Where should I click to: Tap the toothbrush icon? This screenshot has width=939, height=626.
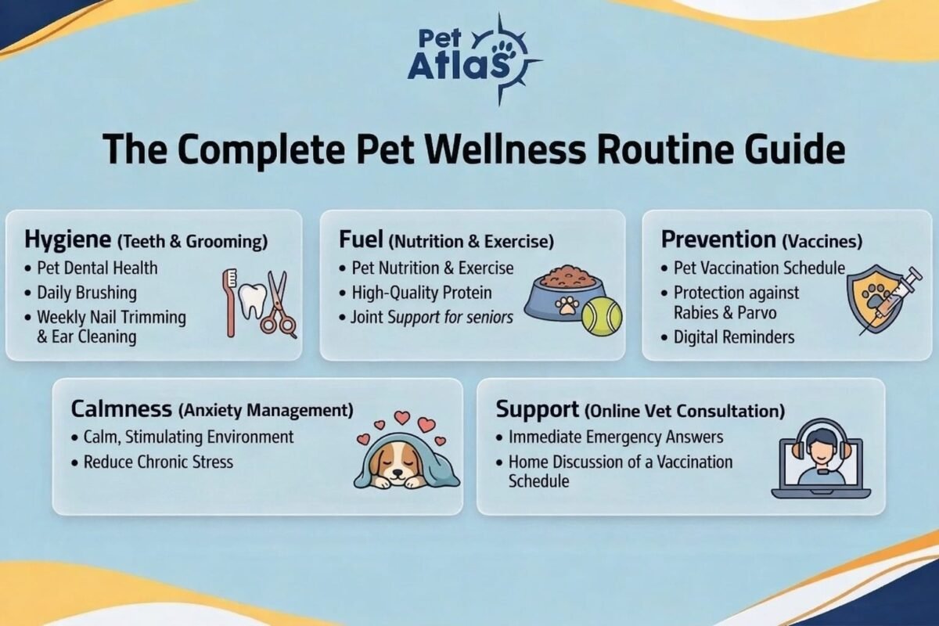230,302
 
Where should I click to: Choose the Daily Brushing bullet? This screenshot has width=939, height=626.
86,293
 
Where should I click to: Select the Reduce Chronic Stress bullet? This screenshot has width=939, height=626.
158,462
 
